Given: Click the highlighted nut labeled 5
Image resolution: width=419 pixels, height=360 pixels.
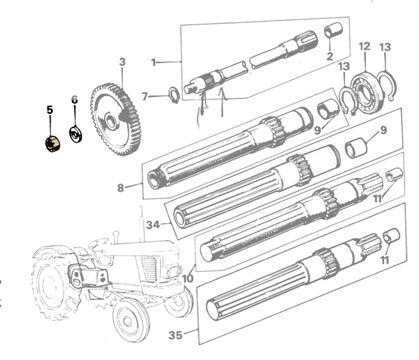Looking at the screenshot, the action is pos(53,144).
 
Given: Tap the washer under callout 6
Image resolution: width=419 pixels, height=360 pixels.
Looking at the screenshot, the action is pos(76,134).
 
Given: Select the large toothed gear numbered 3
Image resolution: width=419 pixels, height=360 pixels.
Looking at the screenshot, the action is pos(115,119).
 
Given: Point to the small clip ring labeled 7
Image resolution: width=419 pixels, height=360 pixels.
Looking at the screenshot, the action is pos(174,94).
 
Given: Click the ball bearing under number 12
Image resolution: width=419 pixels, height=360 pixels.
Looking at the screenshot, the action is pos(365,92).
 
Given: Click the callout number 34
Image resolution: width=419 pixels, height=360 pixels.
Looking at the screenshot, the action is pos(153,225).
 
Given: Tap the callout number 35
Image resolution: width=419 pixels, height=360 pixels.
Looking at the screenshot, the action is pos(176,335).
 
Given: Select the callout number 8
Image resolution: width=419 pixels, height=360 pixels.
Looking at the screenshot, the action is pos(120,188).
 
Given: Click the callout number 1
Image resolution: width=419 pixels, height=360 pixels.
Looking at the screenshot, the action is pos(153,62).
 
